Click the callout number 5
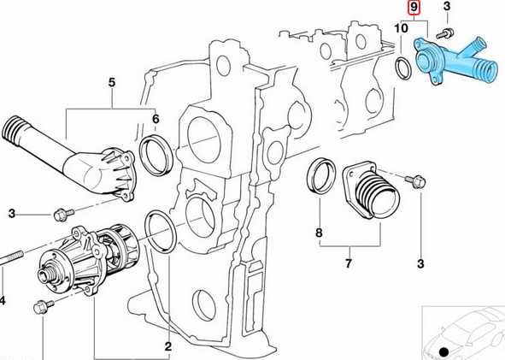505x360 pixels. tap(111, 83)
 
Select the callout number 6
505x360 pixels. tap(156, 119)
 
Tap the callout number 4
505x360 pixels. tap(3, 300)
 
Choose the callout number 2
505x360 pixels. tap(168, 346)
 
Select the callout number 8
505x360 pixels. tap(319, 232)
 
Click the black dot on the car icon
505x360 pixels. tap(443, 351)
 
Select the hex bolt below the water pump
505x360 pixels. tap(39, 308)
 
